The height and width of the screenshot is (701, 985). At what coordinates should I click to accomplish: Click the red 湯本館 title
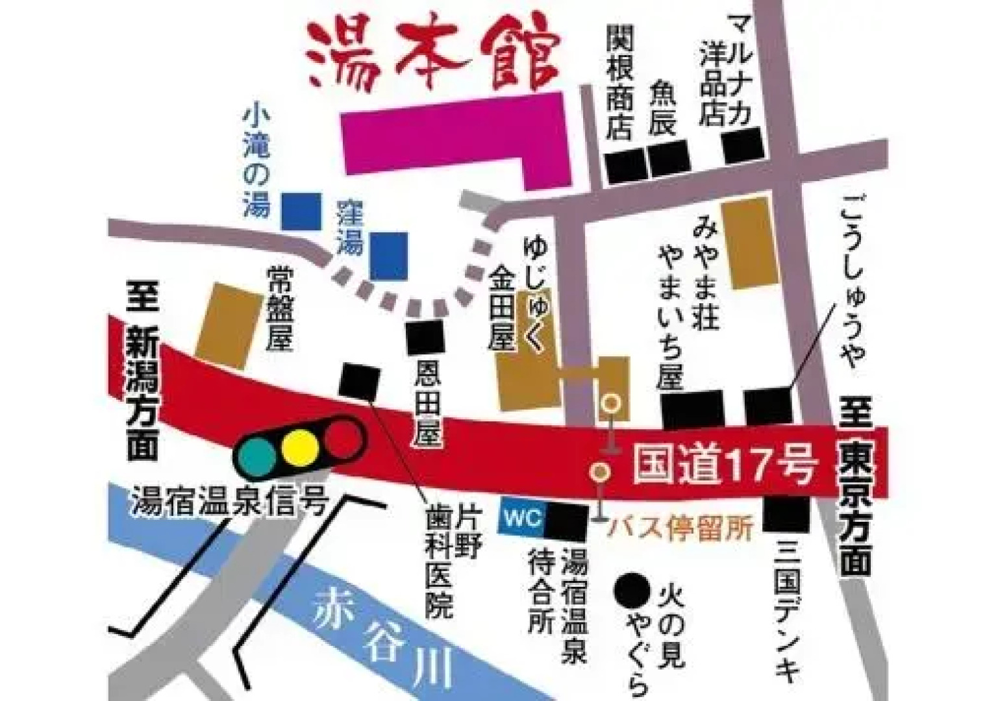(431, 57)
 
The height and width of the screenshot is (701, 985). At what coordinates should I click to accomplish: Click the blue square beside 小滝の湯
(302, 210)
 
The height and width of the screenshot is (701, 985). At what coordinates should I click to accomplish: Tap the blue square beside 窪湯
(388, 255)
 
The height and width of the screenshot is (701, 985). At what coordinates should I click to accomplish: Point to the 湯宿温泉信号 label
(227, 500)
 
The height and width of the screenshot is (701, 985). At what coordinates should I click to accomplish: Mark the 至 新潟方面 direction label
(142, 375)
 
